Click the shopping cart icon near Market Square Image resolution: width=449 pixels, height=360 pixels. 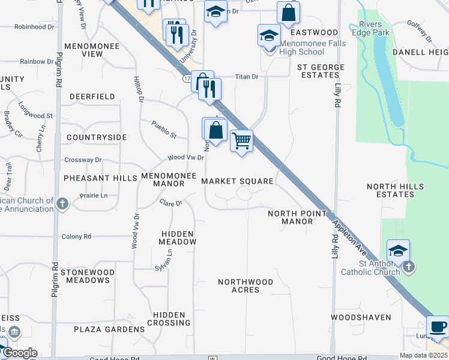(x=241, y=142)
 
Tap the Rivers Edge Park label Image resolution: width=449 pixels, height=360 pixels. (x=375, y=28)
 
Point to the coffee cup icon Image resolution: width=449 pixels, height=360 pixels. (x=438, y=327)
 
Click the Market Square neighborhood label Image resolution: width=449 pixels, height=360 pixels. (x=237, y=181)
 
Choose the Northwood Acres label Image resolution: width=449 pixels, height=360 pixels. (x=246, y=286)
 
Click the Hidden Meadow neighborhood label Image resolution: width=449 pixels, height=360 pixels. (x=177, y=238)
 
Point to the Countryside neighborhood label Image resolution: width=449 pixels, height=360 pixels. (x=97, y=137)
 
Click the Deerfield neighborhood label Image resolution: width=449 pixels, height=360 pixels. (x=92, y=96)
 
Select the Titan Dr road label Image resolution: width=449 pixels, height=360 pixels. (x=246, y=77)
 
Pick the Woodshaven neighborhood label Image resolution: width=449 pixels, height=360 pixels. (x=361, y=317)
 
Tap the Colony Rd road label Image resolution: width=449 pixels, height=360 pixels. (x=76, y=237)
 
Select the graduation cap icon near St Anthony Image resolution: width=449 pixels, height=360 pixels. (x=397, y=250)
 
